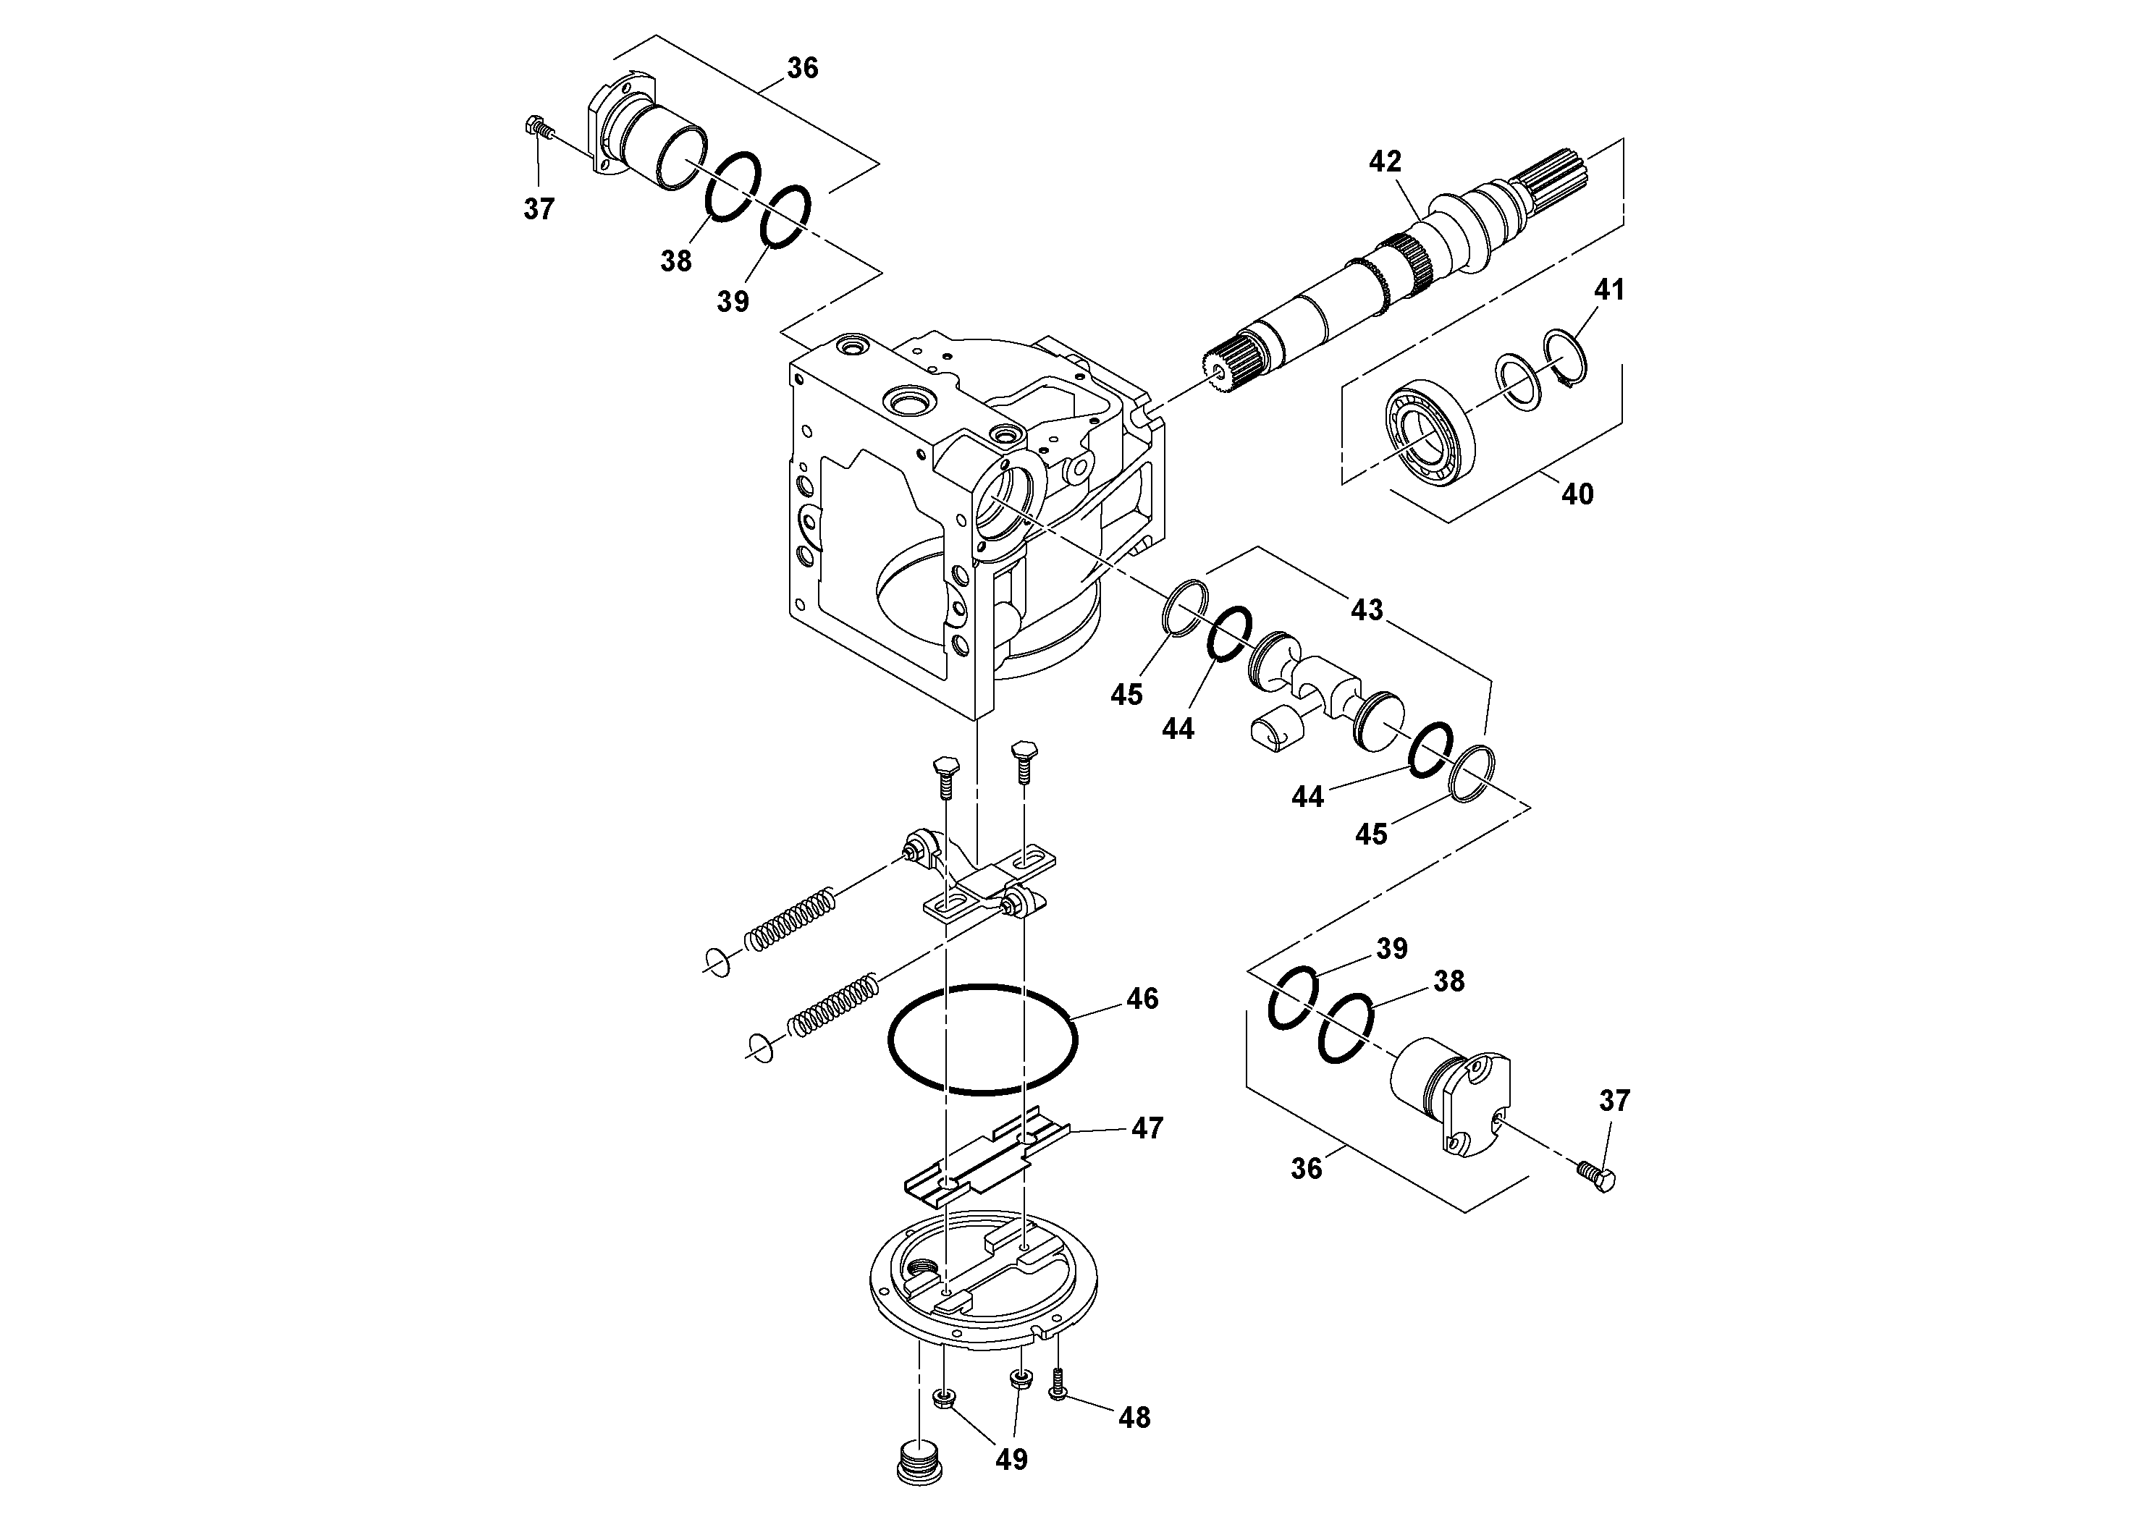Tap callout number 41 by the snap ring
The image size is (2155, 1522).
(1608, 290)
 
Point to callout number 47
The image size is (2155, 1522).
(1147, 1128)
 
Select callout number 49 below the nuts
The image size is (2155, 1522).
(1011, 1459)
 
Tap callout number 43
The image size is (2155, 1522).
(1367, 611)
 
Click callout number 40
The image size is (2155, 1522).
(1577, 494)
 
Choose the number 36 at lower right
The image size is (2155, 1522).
(1307, 1169)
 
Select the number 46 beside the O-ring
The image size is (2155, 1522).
(1142, 999)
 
